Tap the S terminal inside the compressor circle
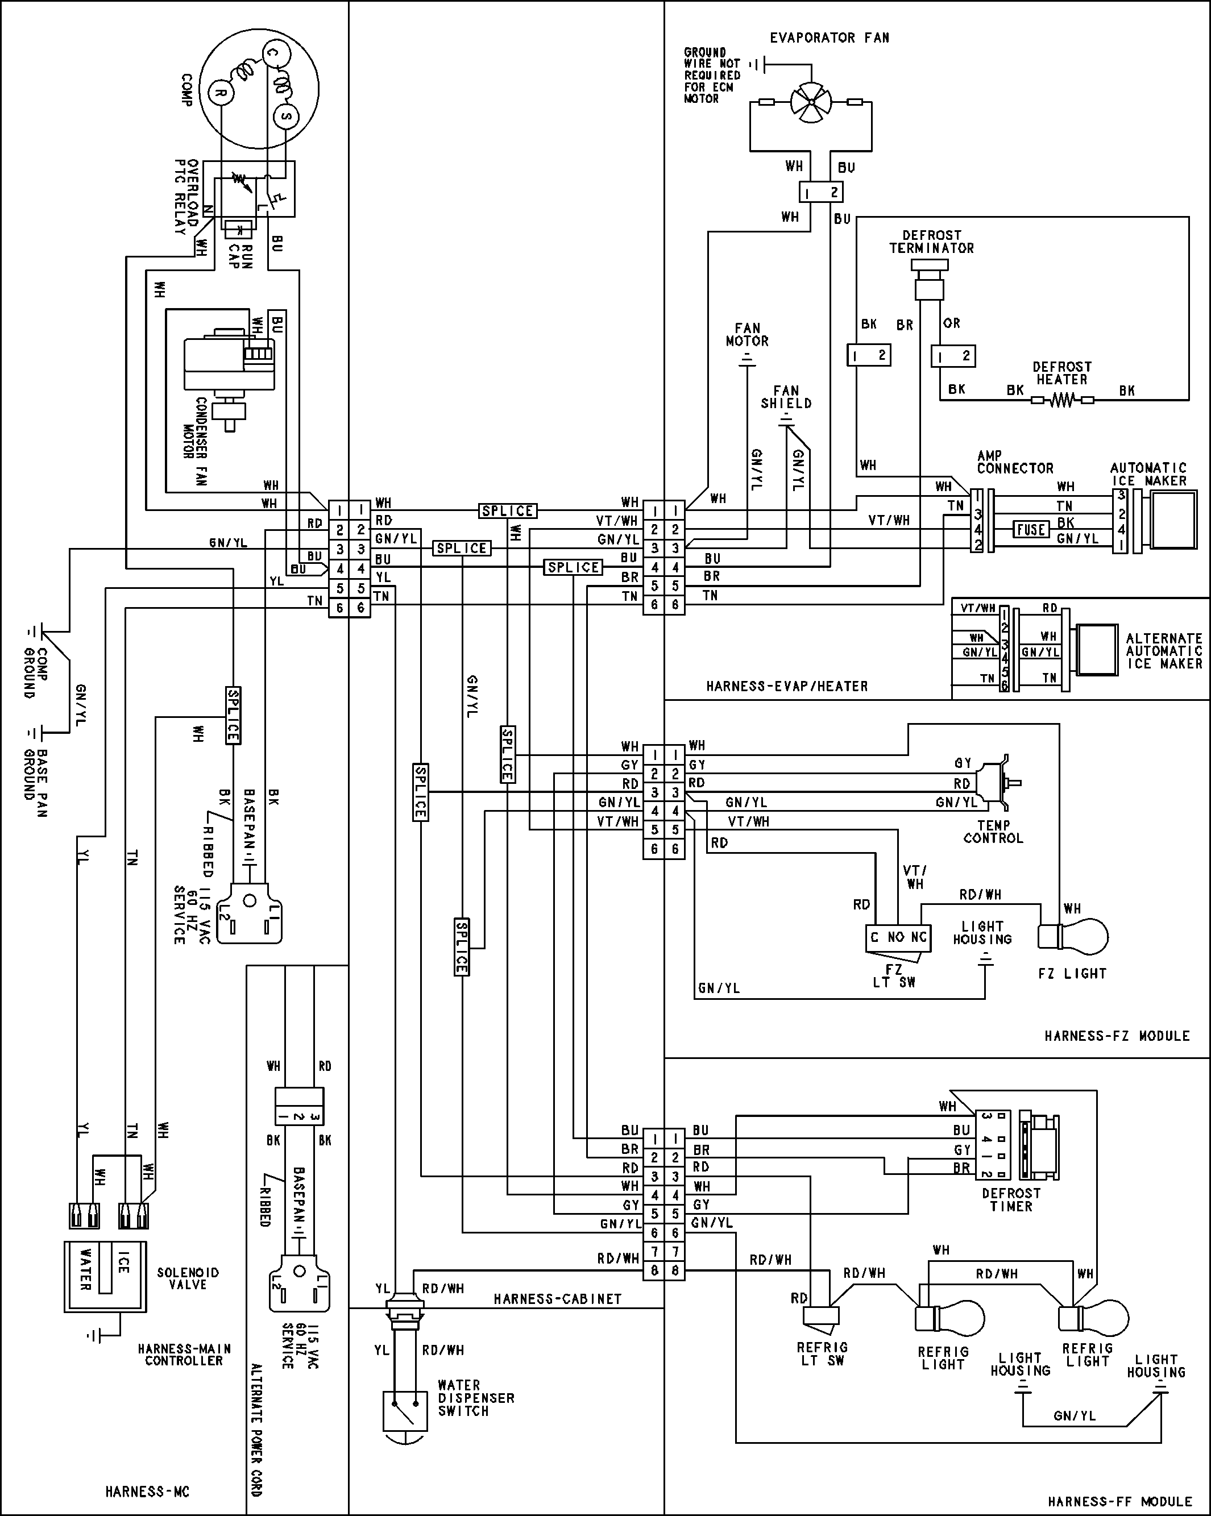[285, 117]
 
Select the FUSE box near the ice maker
[1031, 529]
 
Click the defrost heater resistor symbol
[1063, 401]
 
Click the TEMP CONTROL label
[993, 832]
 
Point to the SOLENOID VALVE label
[188, 1278]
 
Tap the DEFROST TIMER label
[1010, 1199]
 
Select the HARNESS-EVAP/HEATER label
[786, 686]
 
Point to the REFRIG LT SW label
[822, 1353]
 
